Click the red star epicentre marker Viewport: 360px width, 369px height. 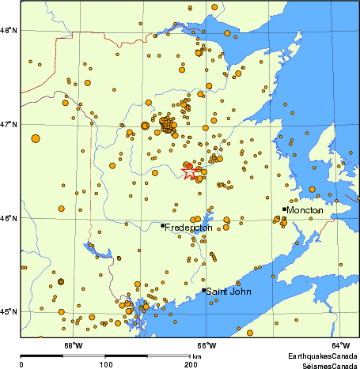click(x=190, y=172)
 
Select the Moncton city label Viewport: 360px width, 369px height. click(x=305, y=211)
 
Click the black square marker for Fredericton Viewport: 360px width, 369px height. click(x=163, y=225)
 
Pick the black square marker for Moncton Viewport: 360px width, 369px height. click(x=284, y=209)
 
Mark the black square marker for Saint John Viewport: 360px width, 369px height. click(x=204, y=290)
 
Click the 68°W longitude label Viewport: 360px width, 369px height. click(x=73, y=344)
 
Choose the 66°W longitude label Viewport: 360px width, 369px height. click(x=207, y=344)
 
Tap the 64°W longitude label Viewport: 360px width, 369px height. click(x=340, y=344)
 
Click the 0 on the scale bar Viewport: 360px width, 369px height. click(x=21, y=364)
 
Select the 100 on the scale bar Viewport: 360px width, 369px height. click(x=105, y=364)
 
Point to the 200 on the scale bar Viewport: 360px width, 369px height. click(x=191, y=364)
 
